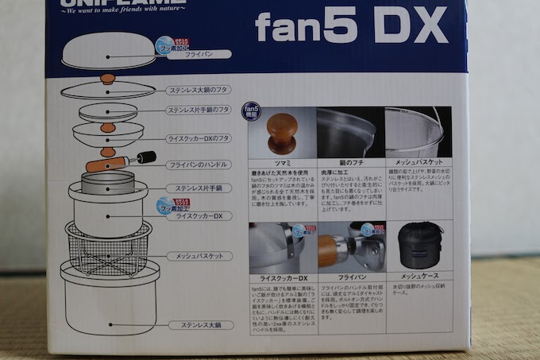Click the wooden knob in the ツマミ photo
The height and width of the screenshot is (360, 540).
point(282,133)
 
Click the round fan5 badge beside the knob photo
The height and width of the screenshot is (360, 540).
point(249,109)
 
